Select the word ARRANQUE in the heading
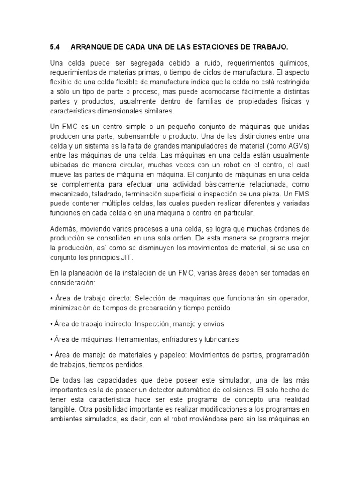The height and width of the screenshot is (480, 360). pos(90,47)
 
